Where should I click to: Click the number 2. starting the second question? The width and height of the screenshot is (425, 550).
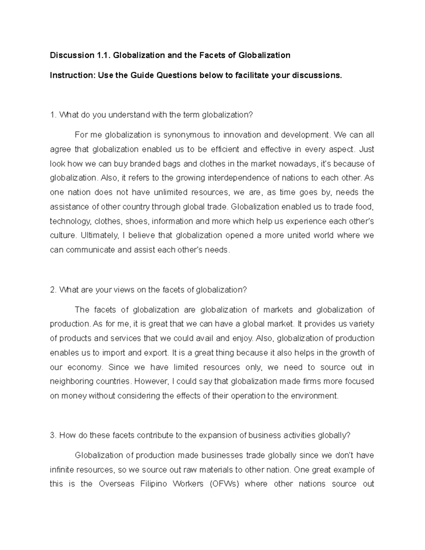click(53, 290)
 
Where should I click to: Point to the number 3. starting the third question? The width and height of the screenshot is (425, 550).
click(53, 436)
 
